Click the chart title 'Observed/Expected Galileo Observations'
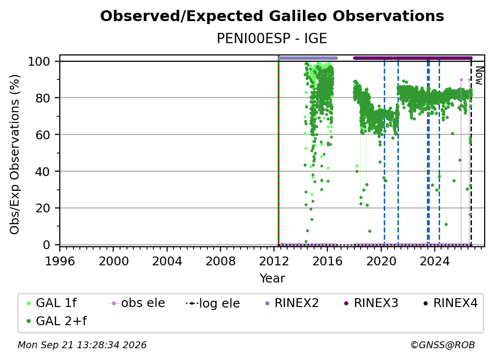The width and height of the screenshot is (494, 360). [272, 16]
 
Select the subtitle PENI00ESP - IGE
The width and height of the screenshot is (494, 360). [272, 38]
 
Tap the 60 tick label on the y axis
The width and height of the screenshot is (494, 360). [43, 135]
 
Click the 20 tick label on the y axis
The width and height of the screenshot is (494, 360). [43, 208]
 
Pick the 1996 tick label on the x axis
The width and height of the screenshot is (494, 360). [60, 261]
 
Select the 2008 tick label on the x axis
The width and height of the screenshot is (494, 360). [220, 261]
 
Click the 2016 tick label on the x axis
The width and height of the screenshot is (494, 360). [327, 261]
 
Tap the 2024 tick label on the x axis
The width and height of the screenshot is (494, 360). [434, 261]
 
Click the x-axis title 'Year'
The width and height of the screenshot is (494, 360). [272, 279]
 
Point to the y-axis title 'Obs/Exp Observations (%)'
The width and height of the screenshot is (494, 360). [15, 154]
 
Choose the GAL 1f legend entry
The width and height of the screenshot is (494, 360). [51, 303]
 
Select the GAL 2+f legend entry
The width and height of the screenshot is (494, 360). [56, 321]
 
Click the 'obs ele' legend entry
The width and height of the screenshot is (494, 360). [136, 303]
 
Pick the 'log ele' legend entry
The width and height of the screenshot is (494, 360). [213, 304]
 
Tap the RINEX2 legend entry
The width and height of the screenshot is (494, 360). [292, 303]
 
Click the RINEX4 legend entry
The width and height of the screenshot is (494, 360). [451, 303]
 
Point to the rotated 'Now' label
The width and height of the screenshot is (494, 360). [479, 76]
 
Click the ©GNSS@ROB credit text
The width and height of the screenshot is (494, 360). [443, 345]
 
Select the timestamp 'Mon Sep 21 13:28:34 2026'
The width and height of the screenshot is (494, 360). [82, 345]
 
